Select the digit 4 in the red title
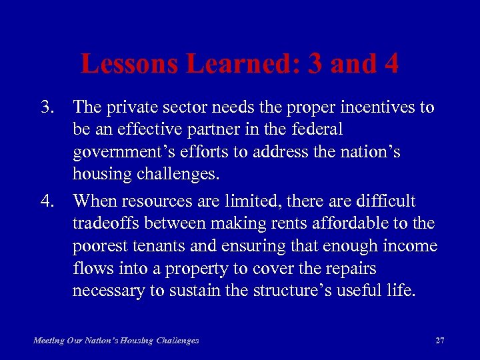click(x=389, y=64)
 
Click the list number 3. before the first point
click(x=48, y=107)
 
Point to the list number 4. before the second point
click(x=48, y=201)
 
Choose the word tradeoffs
click(x=105, y=224)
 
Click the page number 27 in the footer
click(x=439, y=341)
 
